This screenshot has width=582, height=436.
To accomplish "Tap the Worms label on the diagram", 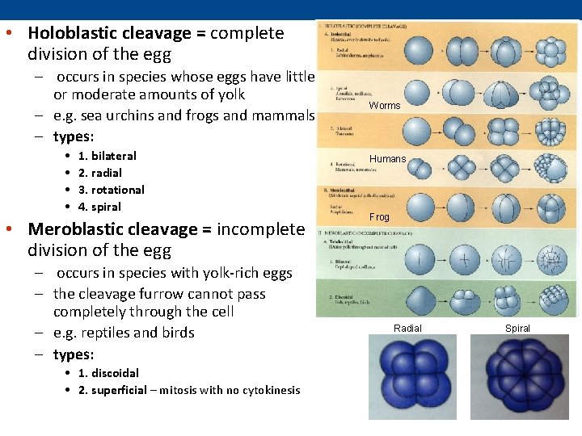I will (385, 106).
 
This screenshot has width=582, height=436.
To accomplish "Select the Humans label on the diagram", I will (388, 159).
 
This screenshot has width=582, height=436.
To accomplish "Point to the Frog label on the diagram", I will (380, 217).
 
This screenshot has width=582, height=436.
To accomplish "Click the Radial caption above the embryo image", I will (407, 328).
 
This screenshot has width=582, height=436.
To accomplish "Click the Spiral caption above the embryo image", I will (517, 328).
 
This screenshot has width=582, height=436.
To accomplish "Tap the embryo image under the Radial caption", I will (412, 377).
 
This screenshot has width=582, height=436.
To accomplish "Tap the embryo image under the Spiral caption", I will (518, 377).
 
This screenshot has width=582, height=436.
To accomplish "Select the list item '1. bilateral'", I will (107, 156).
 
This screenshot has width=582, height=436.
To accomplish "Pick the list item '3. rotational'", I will (111, 190).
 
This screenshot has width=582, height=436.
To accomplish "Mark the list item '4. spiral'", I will (99, 207).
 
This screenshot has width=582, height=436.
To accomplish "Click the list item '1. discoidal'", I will (108, 373).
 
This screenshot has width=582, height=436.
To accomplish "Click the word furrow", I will (164, 294).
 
